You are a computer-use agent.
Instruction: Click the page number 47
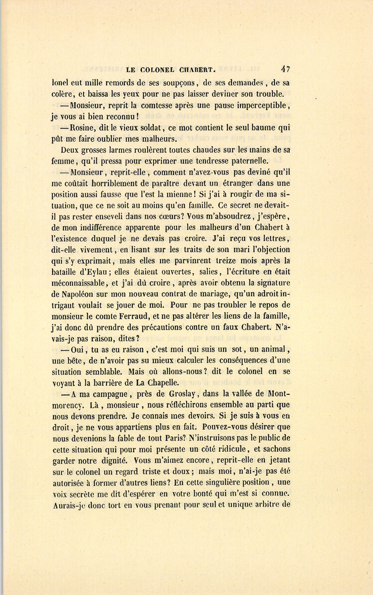(285, 69)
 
